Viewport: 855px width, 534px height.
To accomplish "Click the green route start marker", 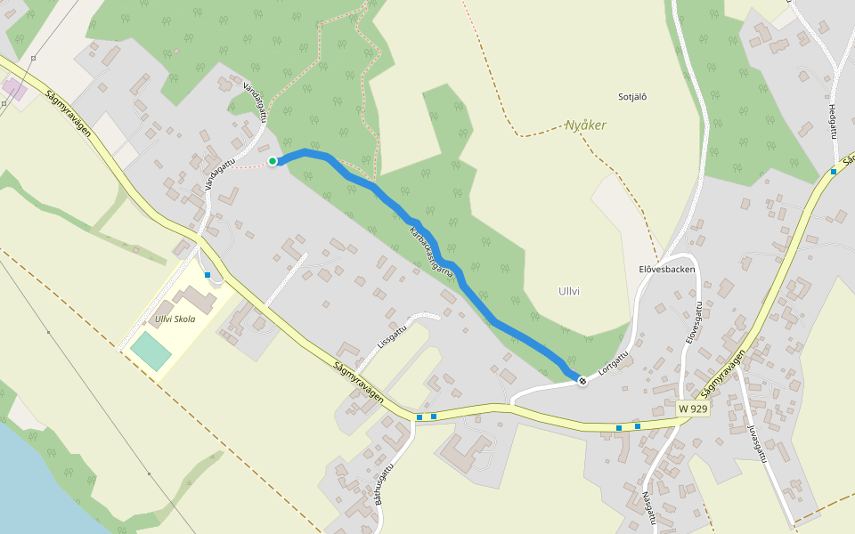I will coord(273,161).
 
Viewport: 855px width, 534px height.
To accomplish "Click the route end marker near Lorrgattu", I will coord(582,381).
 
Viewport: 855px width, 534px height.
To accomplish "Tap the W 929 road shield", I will coord(692,409).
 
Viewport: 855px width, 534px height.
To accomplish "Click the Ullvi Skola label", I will coord(175,319).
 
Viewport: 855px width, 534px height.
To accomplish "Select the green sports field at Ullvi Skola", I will coord(151,351).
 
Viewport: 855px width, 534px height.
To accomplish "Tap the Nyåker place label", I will coord(585,125).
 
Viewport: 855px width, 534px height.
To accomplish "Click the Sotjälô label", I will coord(631,96).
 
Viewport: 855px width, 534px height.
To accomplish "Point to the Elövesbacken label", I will coord(665,268).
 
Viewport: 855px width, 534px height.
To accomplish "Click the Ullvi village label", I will coord(569,291).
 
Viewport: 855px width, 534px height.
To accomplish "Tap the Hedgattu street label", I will coord(834,118).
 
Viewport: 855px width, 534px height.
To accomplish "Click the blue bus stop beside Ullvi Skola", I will coord(208,275).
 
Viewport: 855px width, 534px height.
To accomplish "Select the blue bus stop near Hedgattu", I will coord(834,171).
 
